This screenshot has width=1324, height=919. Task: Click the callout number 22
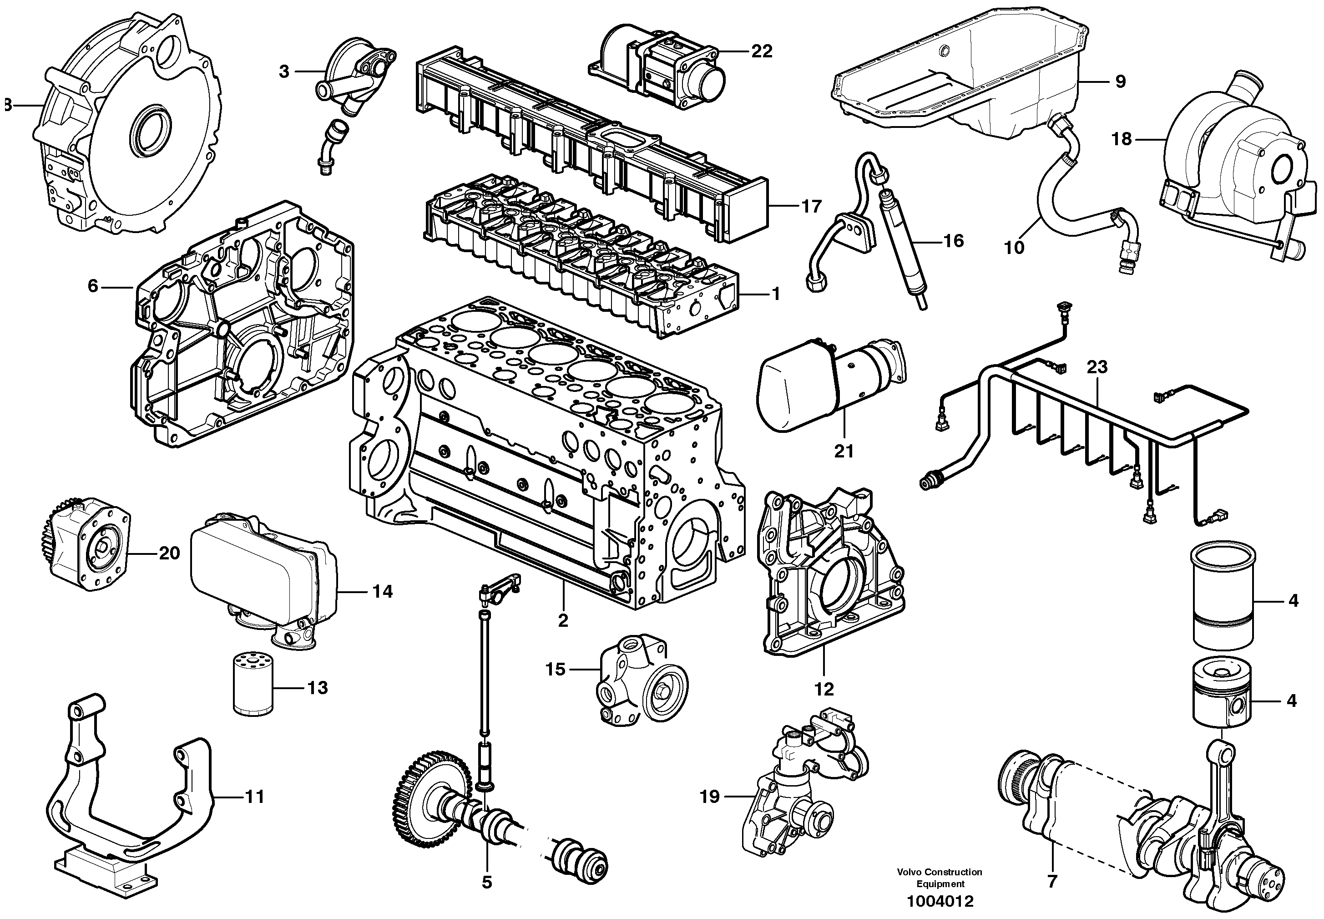pos(761,51)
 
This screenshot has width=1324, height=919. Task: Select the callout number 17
pos(811,206)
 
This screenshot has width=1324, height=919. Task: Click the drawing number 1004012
pos(940,901)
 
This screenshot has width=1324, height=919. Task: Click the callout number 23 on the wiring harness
pos(1097,367)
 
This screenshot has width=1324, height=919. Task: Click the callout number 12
pos(824,689)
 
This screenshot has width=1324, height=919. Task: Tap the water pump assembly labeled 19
pos(800,797)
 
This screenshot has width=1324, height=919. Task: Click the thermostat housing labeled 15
pos(639,685)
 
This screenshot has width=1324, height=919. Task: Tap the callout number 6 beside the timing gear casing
pos(93,286)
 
